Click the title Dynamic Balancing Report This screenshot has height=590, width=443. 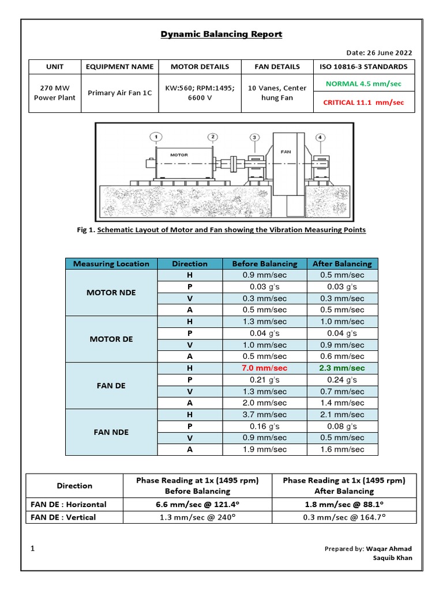[221, 34]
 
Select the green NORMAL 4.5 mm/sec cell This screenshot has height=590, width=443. [363, 83]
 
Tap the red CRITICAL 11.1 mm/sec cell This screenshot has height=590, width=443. [363, 103]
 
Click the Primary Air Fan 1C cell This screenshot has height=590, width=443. [120, 93]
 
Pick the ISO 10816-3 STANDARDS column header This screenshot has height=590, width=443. [363, 66]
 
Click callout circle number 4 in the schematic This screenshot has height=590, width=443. [321, 137]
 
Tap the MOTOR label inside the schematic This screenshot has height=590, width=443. [179, 155]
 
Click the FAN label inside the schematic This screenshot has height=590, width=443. [286, 152]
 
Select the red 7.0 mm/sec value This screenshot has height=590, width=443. [264, 368]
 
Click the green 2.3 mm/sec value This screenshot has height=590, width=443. [342, 368]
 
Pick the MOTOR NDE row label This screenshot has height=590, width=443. [111, 293]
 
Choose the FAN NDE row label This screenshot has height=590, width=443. [111, 432]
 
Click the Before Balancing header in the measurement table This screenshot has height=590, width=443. [264, 264]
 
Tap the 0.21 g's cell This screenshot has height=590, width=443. [264, 380]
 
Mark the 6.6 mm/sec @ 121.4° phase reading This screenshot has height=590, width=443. [197, 504]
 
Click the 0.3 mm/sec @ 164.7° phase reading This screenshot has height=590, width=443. [344, 517]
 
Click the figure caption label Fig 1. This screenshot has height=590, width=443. [85, 230]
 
